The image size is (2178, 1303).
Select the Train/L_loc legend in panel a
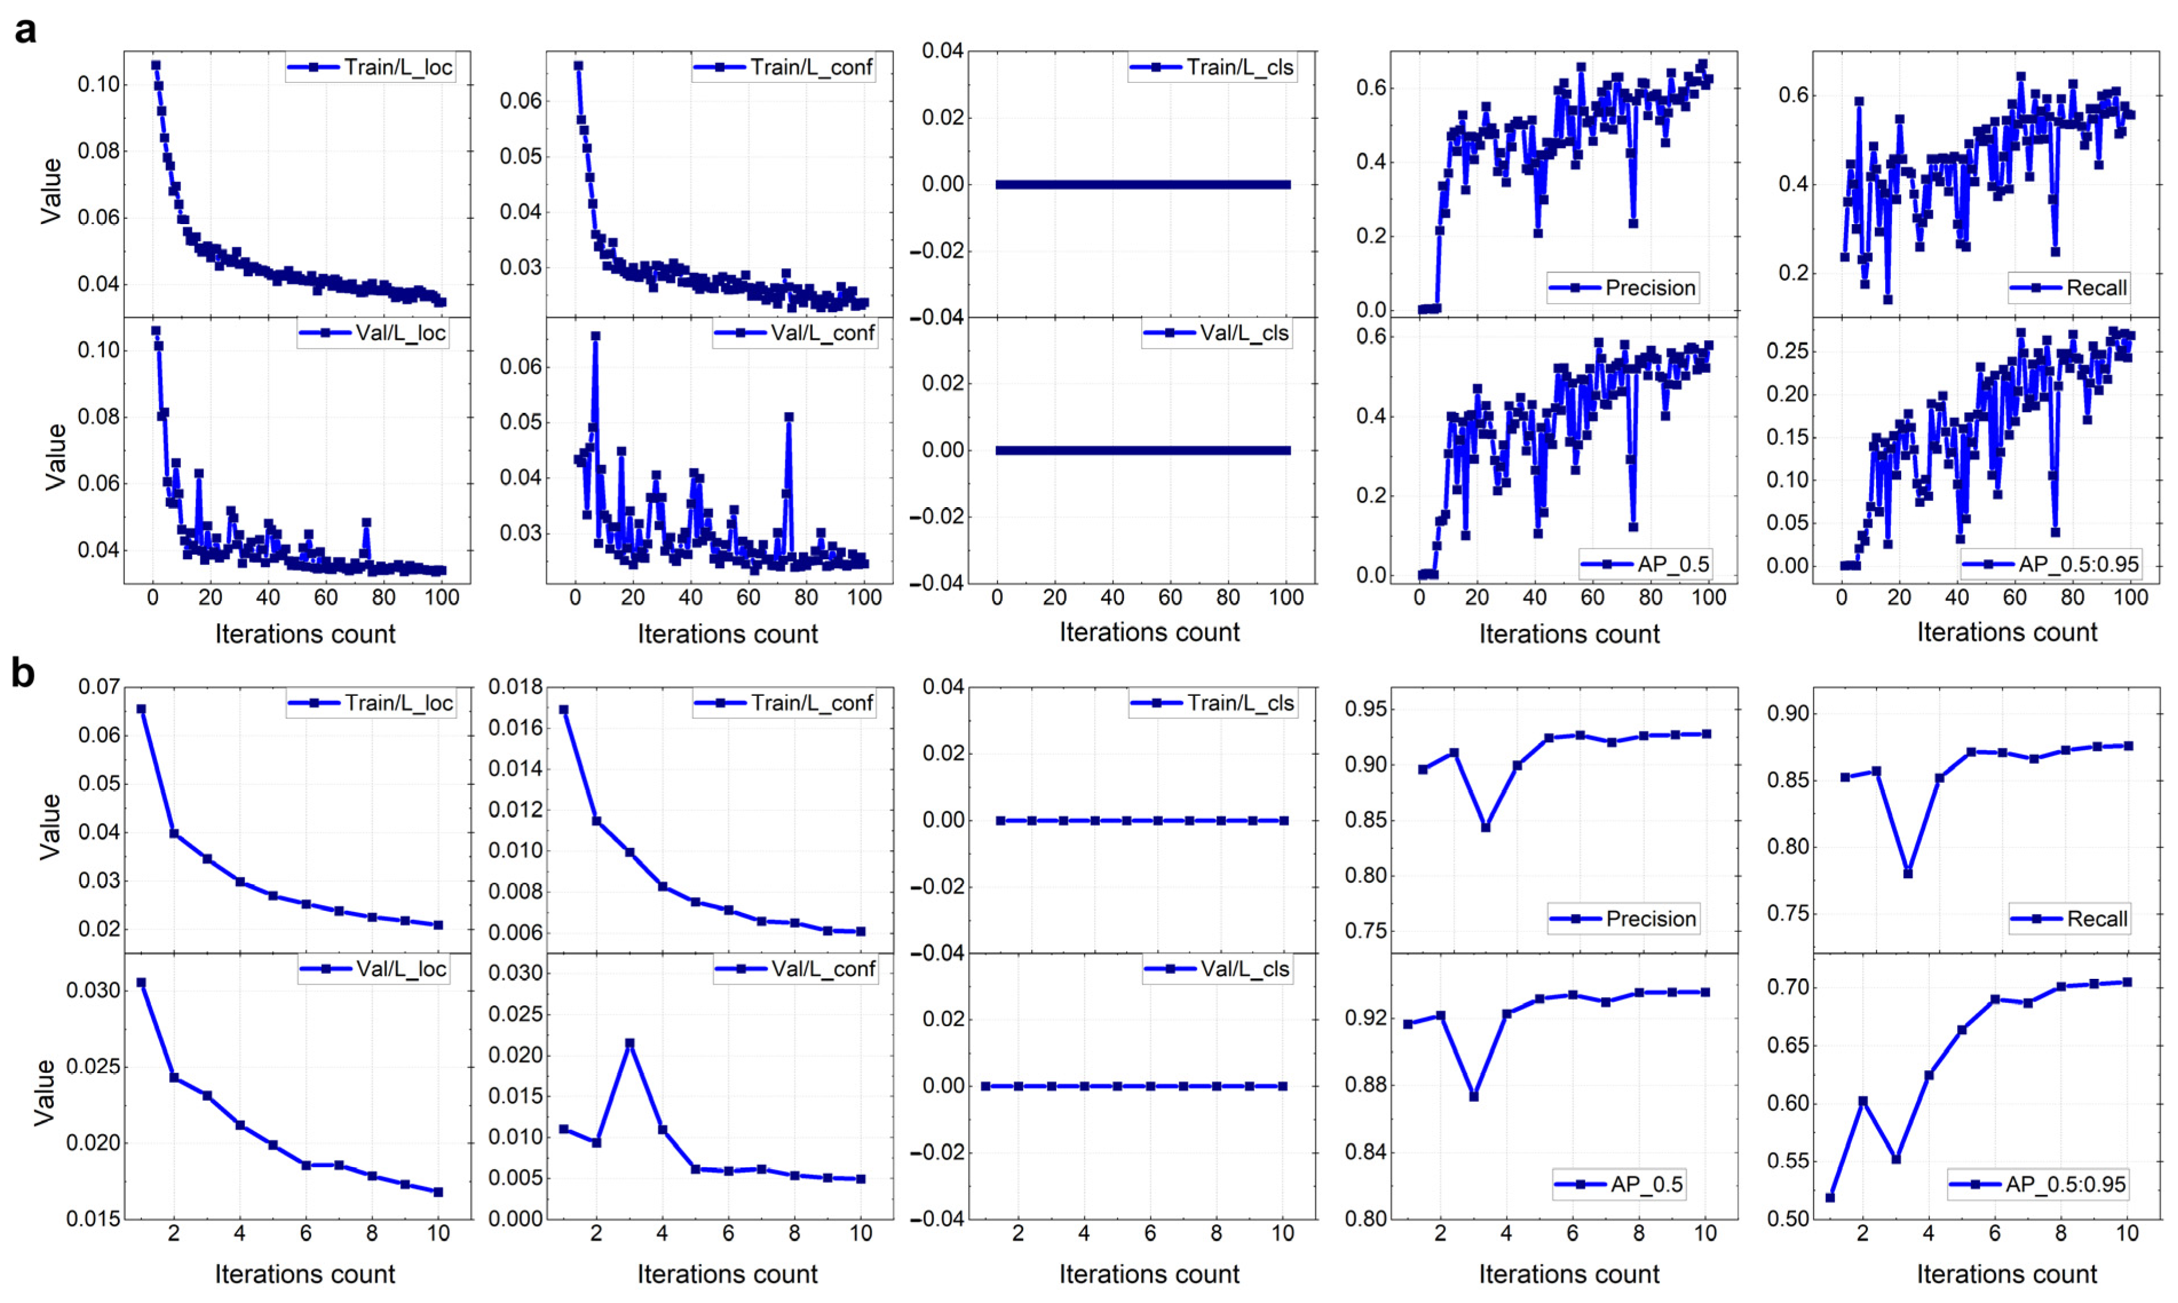(x=371, y=67)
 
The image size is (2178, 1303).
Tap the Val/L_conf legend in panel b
(x=796, y=969)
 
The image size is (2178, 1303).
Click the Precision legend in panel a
(x=1623, y=288)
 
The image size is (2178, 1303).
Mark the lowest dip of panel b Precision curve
(x=1486, y=827)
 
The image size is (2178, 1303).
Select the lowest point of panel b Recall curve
(x=1907, y=874)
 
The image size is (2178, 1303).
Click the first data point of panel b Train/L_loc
(x=141, y=708)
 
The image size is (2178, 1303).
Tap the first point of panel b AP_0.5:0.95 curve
(x=1830, y=1198)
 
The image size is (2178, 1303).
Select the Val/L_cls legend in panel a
(x=1217, y=334)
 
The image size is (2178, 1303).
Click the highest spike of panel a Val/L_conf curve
(x=595, y=336)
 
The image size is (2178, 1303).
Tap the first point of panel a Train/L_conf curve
(x=578, y=66)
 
